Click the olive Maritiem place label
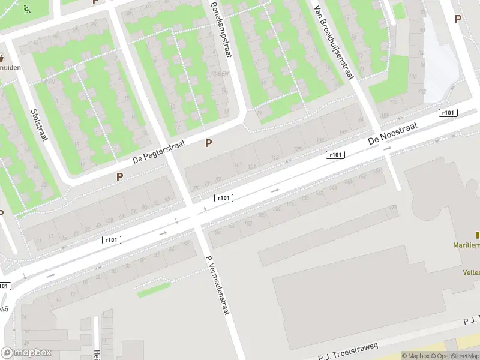[466, 245]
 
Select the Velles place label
[471, 272]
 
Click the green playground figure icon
[26, 9]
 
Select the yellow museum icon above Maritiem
[478, 235]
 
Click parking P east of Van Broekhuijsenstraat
[458, 19]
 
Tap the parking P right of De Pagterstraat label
[209, 143]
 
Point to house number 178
[393, 207]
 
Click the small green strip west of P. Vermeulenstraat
[154, 290]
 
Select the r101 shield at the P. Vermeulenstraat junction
[224, 198]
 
